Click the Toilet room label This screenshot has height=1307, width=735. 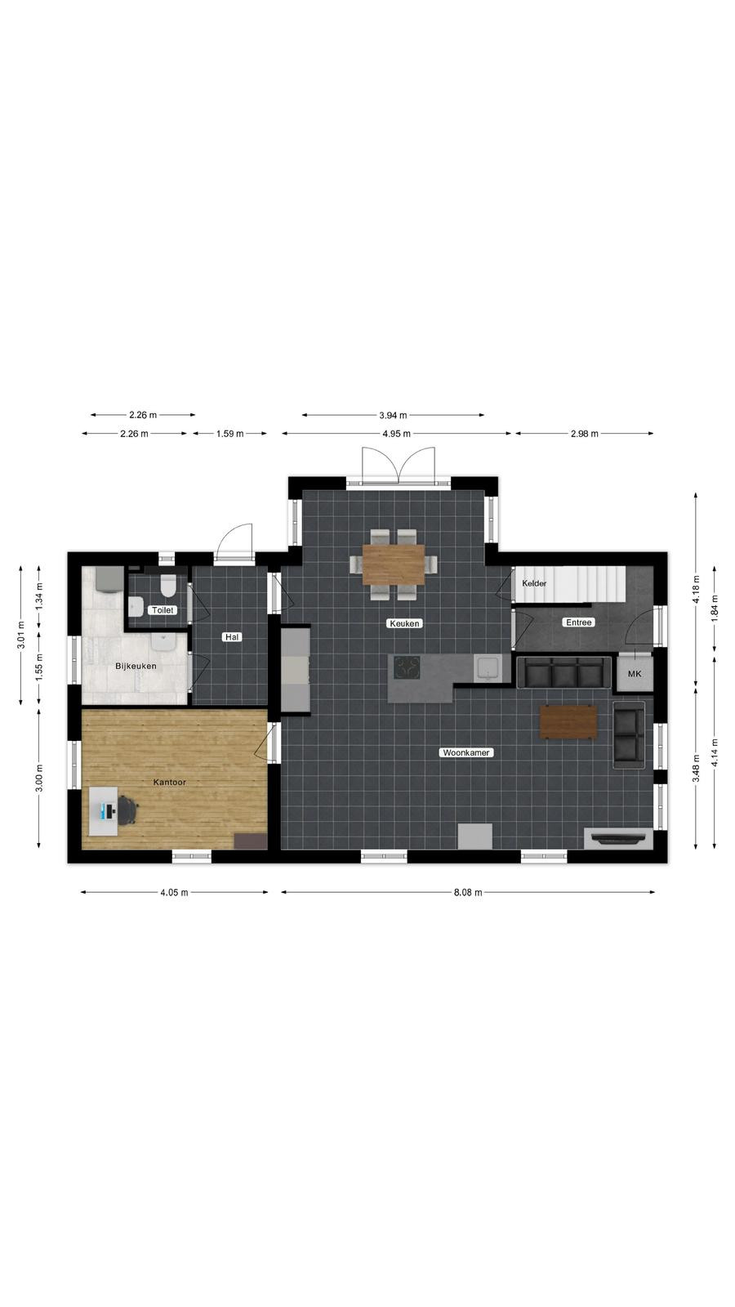[x=163, y=609]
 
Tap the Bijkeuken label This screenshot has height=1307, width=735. [x=136, y=666]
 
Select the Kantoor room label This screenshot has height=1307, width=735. [x=170, y=782]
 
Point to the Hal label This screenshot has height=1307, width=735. [x=232, y=637]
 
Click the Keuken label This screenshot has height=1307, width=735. [x=405, y=623]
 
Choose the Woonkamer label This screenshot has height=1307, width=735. [x=466, y=752]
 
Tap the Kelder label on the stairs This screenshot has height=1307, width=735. [x=534, y=583]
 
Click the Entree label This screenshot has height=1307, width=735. [x=579, y=622]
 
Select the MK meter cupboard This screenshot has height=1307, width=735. [x=635, y=673]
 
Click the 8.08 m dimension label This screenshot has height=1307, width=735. [x=469, y=892]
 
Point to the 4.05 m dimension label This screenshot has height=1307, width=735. [x=175, y=892]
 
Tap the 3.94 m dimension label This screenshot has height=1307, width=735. [x=393, y=416]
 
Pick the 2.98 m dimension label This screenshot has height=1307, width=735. [x=585, y=434]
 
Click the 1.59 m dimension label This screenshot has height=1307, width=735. [x=229, y=434]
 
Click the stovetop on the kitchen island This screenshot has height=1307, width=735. [x=407, y=668]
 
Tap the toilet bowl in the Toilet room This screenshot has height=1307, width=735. [x=169, y=585]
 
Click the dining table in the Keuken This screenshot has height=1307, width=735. [x=394, y=564]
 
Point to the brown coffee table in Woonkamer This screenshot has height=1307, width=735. [x=568, y=722]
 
